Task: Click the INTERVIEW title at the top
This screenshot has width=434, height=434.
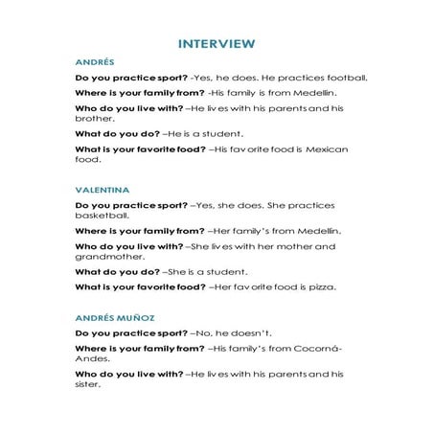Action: pyautogui.click(x=217, y=43)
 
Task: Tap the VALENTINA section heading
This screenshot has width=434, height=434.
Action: pyautogui.click(x=99, y=190)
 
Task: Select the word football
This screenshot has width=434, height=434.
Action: pyautogui.click(x=342, y=77)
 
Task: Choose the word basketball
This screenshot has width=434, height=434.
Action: pyautogui.click(x=101, y=216)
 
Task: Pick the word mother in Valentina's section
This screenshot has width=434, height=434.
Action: pyautogui.click(x=293, y=246)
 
